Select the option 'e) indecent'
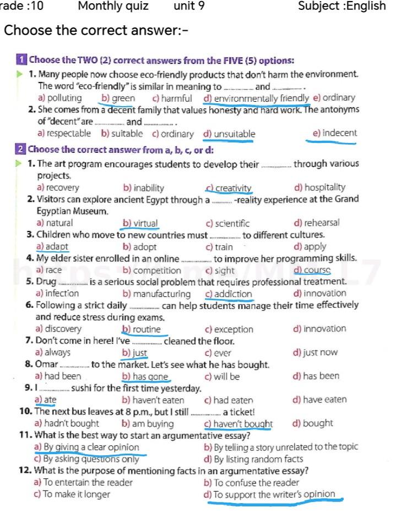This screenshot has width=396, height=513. (x=334, y=133)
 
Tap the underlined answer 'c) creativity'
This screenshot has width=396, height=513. (x=229, y=188)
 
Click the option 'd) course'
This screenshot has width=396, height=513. (x=312, y=270)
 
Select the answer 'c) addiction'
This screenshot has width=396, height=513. (x=229, y=294)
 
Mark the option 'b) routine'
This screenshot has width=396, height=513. (x=142, y=329)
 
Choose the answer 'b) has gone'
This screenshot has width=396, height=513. (x=145, y=377)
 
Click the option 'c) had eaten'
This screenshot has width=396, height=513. (x=229, y=400)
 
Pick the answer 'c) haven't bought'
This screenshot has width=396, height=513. (x=238, y=424)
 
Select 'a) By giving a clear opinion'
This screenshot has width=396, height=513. (x=86, y=447)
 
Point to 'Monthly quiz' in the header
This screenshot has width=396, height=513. (x=113, y=6)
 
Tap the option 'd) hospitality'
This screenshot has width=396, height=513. (x=320, y=188)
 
